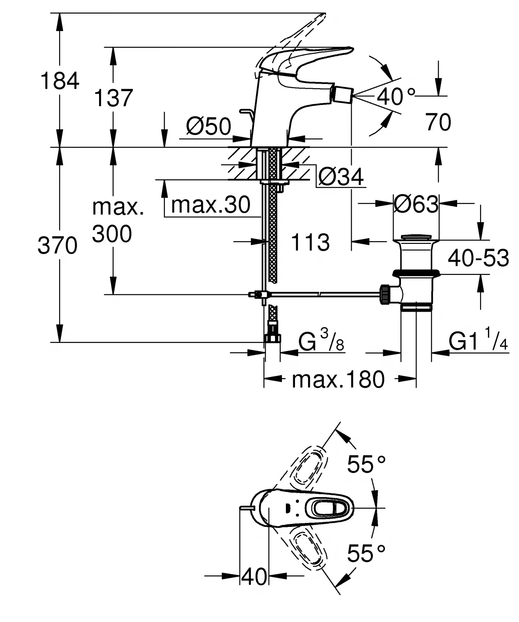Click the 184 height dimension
pyautogui.click(x=60, y=81)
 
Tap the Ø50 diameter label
pyautogui.click(x=208, y=127)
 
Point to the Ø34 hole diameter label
pyautogui.click(x=341, y=177)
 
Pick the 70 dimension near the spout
pyautogui.click(x=438, y=122)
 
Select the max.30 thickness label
pyautogui.click(x=211, y=204)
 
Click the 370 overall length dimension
pyautogui.click(x=57, y=246)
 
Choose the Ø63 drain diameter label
pyautogui.click(x=416, y=204)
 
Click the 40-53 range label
pyautogui.click(x=478, y=258)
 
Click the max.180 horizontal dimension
pyautogui.click(x=338, y=380)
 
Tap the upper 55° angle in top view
pyautogui.click(x=366, y=465)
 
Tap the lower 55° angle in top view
pyautogui.click(x=366, y=553)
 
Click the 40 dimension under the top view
pyautogui.click(x=254, y=576)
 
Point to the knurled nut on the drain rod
pyautogui.click(x=384, y=295)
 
